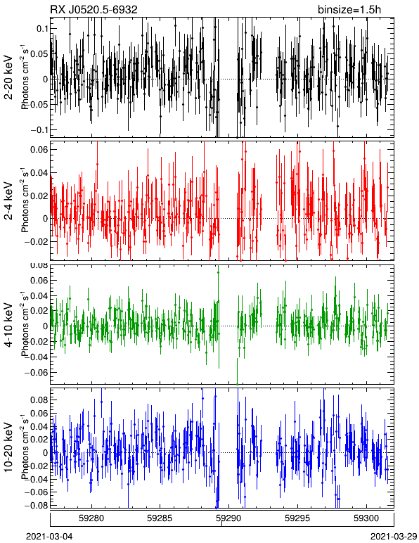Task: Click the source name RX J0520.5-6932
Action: [94, 9]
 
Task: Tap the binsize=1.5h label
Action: [349, 9]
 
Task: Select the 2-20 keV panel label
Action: [8, 77]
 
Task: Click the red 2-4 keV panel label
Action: [8, 202]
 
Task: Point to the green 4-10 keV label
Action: [8, 325]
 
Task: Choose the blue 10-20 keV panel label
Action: [8, 447]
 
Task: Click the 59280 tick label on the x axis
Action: [91, 518]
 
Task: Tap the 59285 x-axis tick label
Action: [160, 518]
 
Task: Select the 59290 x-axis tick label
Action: [228, 518]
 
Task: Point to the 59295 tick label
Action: [297, 518]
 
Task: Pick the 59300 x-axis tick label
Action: [366, 518]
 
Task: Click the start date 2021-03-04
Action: [49, 537]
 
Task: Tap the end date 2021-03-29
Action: [394, 537]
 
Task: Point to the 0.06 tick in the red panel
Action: [39, 150]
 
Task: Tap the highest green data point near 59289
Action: [218, 272]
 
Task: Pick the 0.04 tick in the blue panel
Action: [39, 426]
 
